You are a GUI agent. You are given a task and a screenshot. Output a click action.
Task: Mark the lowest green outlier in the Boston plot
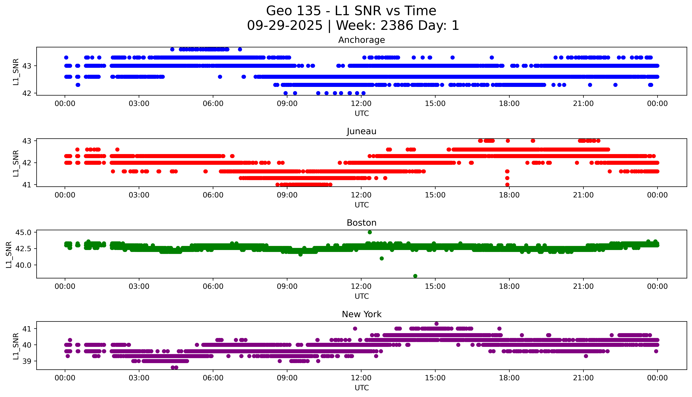pos(415,276)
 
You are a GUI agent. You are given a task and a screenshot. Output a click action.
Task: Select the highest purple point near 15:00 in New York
pos(436,324)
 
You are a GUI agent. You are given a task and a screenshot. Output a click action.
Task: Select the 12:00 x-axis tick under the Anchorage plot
pos(361,104)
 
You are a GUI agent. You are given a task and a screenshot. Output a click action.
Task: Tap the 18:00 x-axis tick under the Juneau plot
pos(509,195)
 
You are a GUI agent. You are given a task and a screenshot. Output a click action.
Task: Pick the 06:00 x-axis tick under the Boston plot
pos(213,287)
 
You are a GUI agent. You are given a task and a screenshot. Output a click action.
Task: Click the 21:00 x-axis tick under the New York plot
pos(583,378)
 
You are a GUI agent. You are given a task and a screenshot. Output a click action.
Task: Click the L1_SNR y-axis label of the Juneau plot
pos(16,163)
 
